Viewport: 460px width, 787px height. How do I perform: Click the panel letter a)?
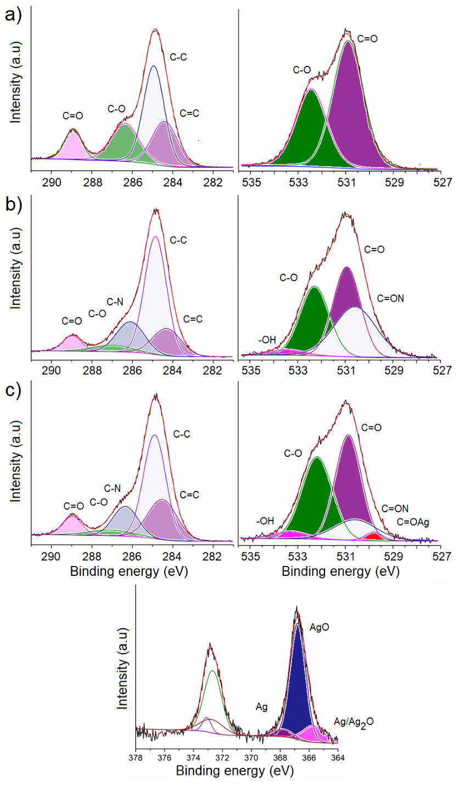point(13,15)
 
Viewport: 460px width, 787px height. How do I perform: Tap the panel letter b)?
point(14,203)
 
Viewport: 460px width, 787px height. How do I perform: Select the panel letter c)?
point(13,390)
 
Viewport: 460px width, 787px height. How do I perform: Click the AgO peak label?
point(319,627)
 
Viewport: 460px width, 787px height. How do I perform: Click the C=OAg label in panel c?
point(413,522)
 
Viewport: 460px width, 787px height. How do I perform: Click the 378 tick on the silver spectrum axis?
point(136,758)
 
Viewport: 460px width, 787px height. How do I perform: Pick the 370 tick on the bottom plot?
point(251,758)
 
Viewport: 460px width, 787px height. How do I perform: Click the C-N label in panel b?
point(115,302)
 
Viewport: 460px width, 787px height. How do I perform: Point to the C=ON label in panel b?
point(391,298)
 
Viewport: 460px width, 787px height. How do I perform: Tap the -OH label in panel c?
point(265,520)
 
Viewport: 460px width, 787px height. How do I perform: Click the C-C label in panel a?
point(178,57)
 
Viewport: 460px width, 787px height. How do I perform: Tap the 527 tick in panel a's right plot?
point(442,183)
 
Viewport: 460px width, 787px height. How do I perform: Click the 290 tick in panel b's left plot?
point(52,370)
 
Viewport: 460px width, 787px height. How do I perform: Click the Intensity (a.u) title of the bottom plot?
point(122,668)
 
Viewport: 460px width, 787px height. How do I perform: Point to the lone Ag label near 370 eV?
point(262,706)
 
